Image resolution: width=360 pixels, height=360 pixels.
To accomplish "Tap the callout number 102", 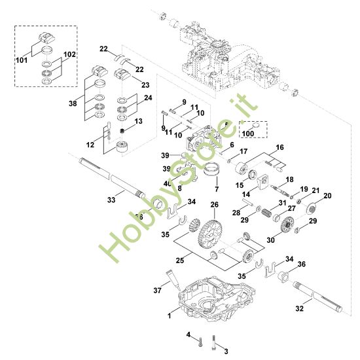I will point(69,54).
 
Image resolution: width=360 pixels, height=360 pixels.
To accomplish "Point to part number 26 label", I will point(213,205).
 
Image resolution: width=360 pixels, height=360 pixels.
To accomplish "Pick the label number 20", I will point(328,196).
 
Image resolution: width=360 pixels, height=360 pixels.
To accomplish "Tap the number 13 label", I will point(137,121).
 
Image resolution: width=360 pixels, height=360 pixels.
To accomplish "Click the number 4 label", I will point(189,335).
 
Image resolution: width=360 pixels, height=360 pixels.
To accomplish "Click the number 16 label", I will point(279,148).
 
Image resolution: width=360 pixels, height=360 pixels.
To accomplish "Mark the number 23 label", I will point(145,84).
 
